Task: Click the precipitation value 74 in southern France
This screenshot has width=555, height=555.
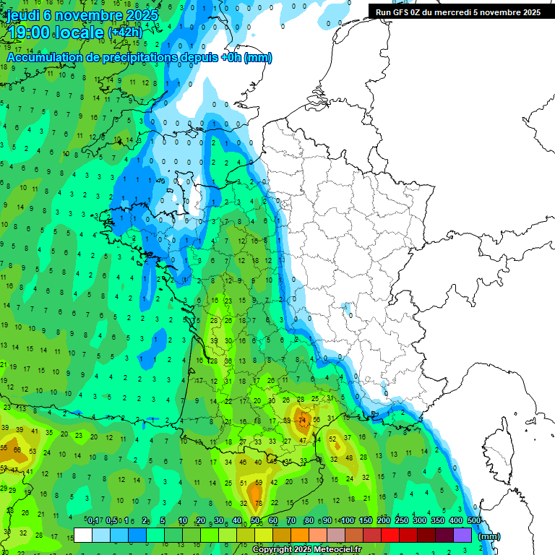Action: pos(304,420)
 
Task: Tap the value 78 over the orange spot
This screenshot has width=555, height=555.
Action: pos(257,503)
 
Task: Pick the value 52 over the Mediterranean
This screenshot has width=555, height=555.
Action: pos(333,439)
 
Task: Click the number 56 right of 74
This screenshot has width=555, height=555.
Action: pos(317,420)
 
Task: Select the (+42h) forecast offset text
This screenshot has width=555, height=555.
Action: pos(125,33)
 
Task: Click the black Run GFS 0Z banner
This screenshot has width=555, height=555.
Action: pos(458,12)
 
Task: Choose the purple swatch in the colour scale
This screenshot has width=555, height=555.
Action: pos(462,535)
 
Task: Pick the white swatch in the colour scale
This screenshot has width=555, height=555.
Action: pos(83,535)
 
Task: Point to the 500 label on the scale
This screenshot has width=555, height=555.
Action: pos(474,520)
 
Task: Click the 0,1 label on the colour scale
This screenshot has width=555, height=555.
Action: pos(93,520)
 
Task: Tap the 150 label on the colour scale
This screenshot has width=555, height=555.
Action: pos(366,520)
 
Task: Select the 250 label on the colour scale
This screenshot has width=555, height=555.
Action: pos(402,520)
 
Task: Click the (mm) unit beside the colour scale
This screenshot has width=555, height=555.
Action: pos(489,536)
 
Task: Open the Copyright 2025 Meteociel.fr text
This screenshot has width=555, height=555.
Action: pos(306,550)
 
